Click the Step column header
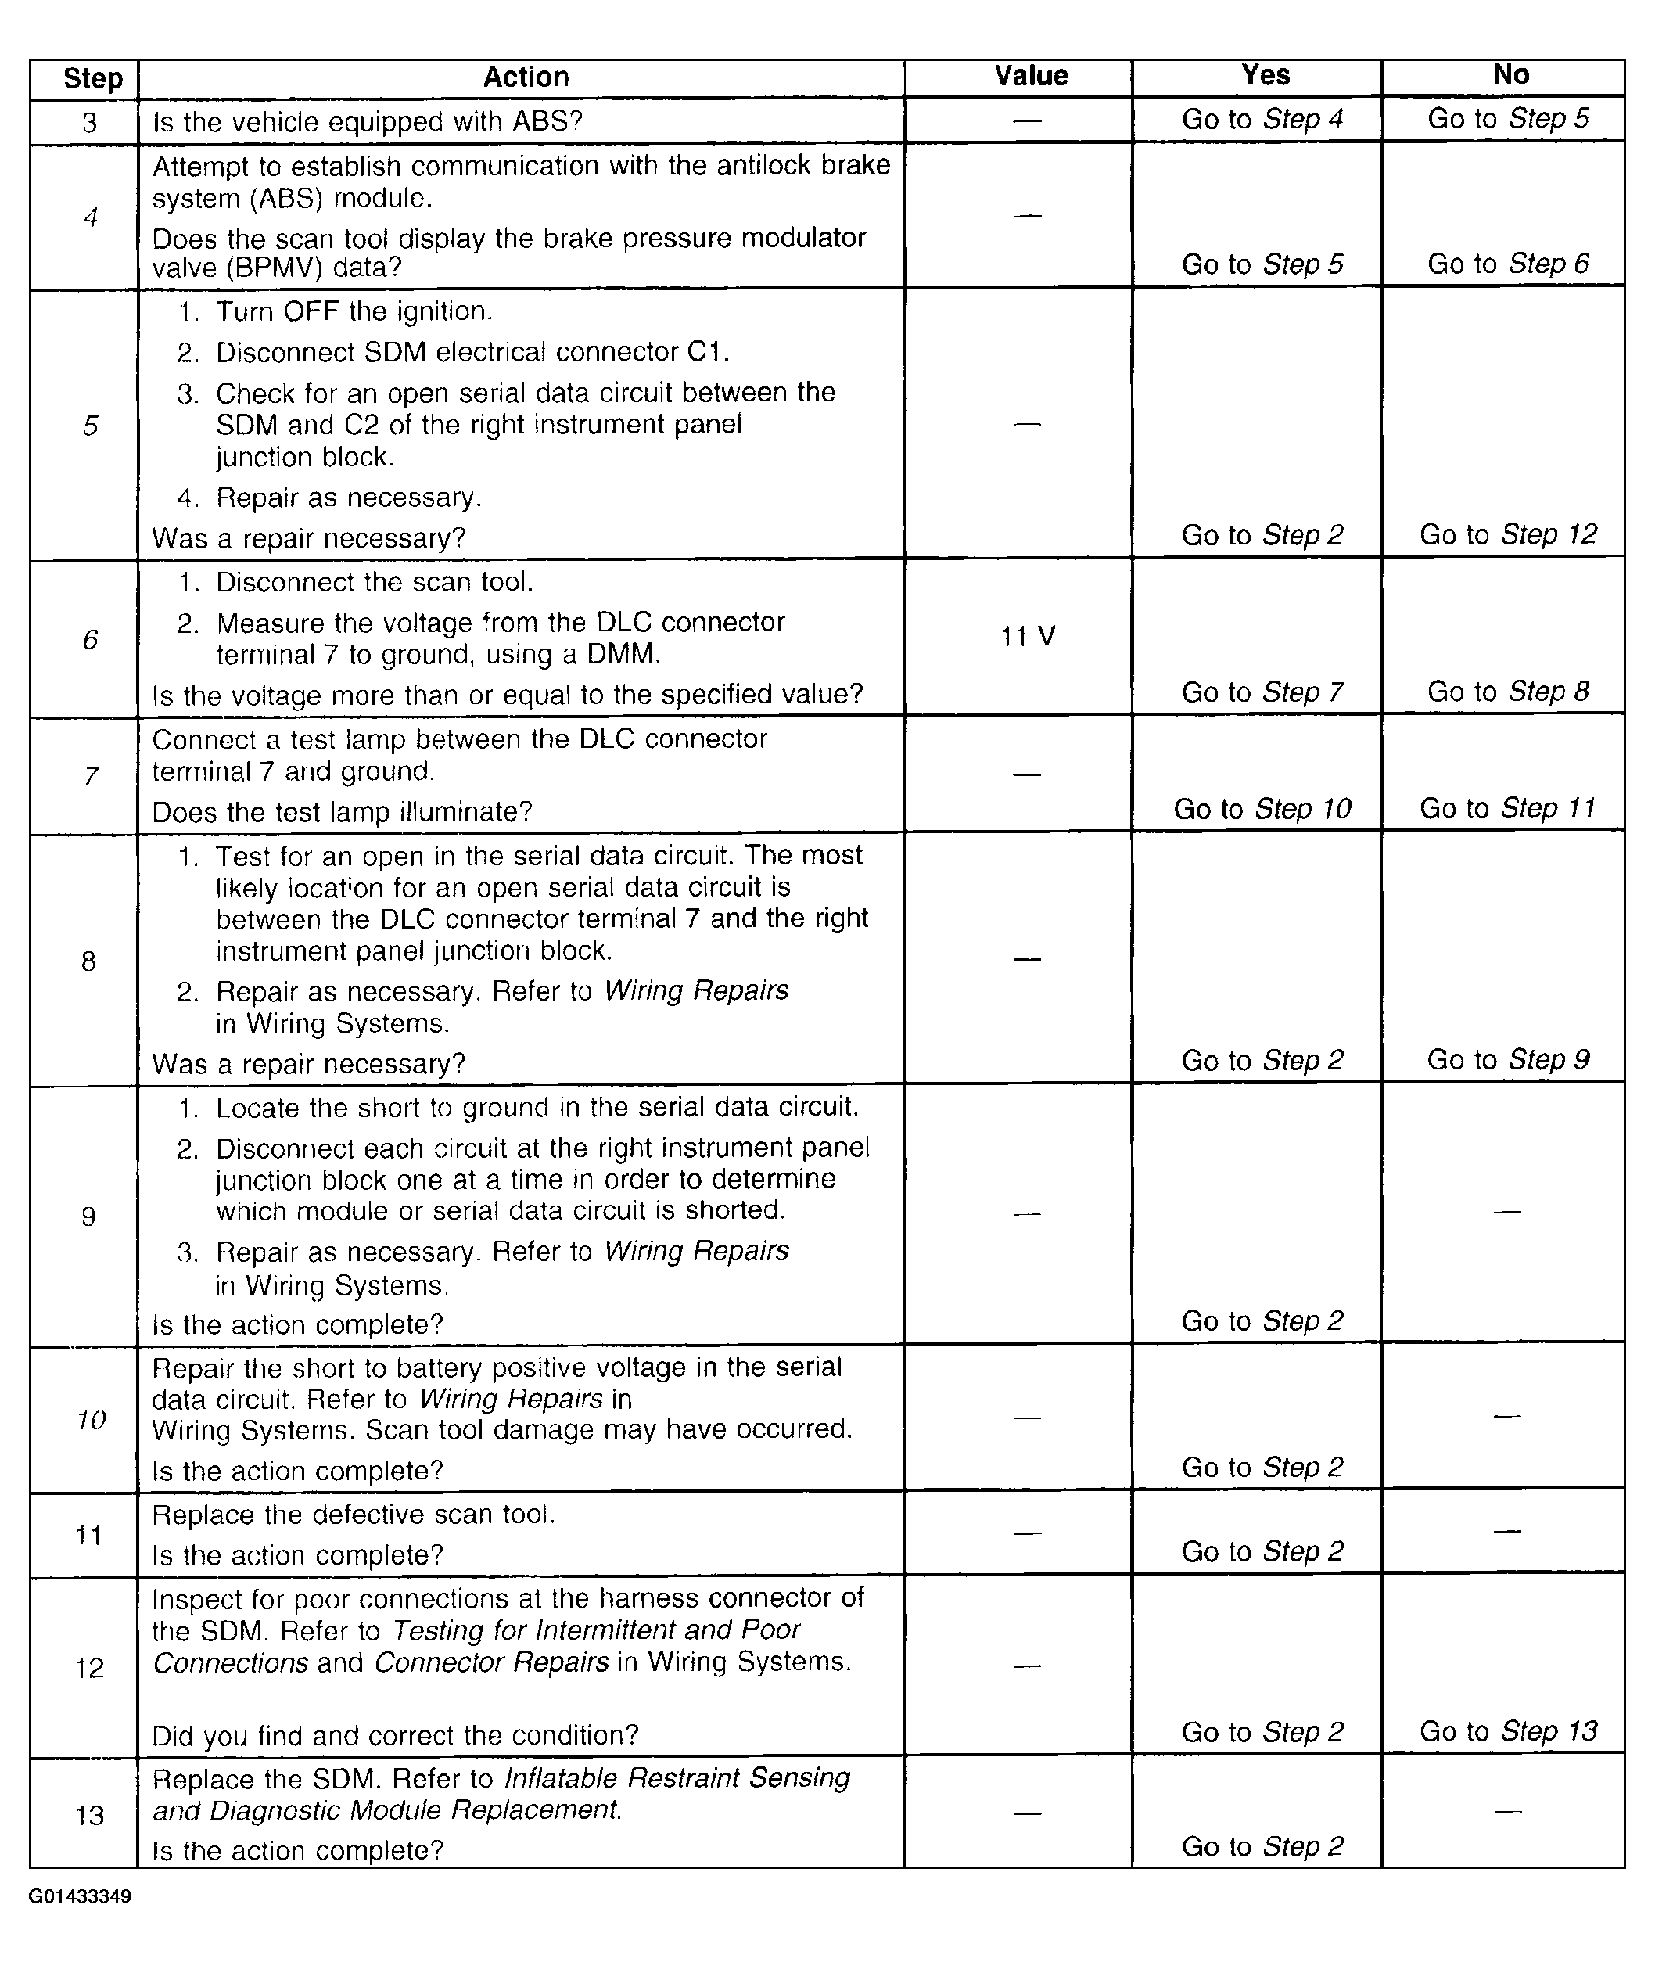click(x=92, y=79)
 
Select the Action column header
click(x=526, y=77)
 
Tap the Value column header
click(x=1031, y=76)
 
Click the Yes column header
click(x=1265, y=75)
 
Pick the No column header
click(x=1510, y=74)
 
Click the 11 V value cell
click(x=1028, y=637)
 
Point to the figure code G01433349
click(x=80, y=1896)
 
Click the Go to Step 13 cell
click(x=1508, y=1731)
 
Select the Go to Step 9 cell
click(x=1508, y=1059)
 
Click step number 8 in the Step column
click(x=88, y=961)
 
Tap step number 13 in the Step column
click(x=89, y=1815)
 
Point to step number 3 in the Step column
click(x=89, y=123)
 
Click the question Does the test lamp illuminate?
click(x=343, y=812)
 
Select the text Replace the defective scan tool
click(x=354, y=1515)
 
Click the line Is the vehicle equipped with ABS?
click(x=368, y=122)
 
